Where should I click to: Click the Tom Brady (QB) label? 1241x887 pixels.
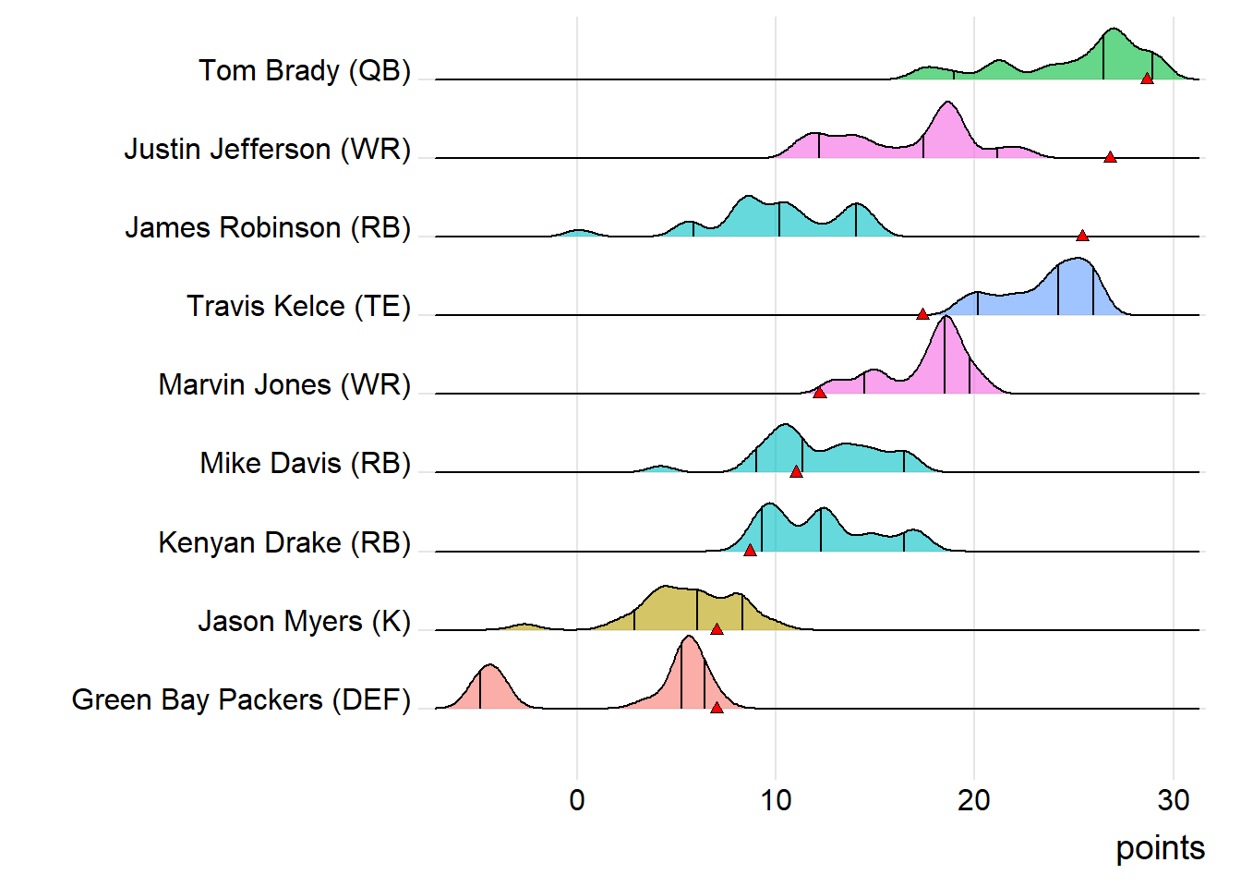[x=304, y=70]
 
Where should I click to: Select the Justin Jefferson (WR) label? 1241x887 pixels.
[x=267, y=149]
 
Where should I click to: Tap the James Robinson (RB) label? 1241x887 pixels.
[x=267, y=227]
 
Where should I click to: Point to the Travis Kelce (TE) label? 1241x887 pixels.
[x=298, y=306]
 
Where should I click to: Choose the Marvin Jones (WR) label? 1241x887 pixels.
[x=284, y=384]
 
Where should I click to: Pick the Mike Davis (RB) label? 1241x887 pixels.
[x=305, y=463]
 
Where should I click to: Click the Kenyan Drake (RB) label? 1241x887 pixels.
[x=284, y=542]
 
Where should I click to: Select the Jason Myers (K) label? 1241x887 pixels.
[x=304, y=621]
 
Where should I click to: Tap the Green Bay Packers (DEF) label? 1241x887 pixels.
[x=241, y=699]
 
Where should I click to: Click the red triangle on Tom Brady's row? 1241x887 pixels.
[x=1147, y=79]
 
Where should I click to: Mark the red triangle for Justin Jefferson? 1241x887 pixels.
[x=1110, y=158]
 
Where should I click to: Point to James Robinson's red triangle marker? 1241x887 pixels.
[x=1082, y=237]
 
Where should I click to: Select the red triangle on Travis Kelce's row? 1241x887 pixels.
[x=922, y=315]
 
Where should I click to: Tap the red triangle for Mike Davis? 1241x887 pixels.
[x=796, y=472]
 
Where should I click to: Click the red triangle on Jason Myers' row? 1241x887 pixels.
[x=717, y=629]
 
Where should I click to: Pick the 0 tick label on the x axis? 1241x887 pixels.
[x=577, y=800]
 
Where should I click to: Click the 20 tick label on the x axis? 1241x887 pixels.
[x=974, y=800]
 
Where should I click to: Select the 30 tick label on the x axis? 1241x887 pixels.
[x=1173, y=800]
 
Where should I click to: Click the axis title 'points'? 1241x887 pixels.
[x=1160, y=848]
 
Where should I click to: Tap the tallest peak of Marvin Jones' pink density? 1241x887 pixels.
[x=945, y=318]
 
